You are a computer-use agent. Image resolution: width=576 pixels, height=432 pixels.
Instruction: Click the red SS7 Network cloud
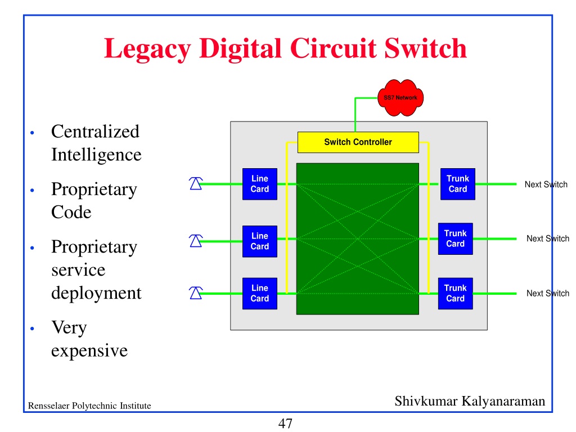[x=400, y=98]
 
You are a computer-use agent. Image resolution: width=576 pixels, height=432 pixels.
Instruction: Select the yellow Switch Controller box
[x=358, y=142]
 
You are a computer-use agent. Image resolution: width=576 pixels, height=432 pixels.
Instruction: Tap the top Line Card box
[x=260, y=184]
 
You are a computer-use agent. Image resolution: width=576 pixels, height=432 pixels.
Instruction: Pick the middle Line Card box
[x=260, y=241]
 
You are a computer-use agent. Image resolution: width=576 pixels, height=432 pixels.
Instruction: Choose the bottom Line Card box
[x=260, y=294]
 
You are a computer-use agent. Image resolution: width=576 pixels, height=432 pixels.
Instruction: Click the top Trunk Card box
[x=458, y=184]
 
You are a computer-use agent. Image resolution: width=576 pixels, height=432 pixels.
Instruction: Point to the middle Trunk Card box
[x=456, y=238]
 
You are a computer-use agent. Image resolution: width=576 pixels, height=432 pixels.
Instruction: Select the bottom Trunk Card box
[x=456, y=294]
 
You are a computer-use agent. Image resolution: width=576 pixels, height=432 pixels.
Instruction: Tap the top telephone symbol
[x=196, y=183]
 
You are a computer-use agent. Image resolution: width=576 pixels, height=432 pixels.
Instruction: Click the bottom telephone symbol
[x=196, y=292]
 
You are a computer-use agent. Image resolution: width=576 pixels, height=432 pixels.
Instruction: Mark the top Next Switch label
[x=546, y=184]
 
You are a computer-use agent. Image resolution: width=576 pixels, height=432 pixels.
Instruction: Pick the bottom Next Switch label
[x=548, y=293]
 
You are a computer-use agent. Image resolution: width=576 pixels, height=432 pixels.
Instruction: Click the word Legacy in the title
[x=148, y=49]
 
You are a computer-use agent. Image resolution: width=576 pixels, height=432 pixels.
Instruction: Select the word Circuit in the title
[x=334, y=48]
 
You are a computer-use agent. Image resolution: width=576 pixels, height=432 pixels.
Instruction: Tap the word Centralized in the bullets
[x=95, y=132]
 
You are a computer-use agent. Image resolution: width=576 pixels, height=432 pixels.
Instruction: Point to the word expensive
[x=89, y=351]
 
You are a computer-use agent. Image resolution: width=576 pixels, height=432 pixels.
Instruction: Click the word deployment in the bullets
[x=96, y=293]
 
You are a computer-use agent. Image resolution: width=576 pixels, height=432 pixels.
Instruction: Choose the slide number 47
[x=285, y=424]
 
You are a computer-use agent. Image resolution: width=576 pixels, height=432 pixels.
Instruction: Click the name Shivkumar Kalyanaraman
[x=470, y=401]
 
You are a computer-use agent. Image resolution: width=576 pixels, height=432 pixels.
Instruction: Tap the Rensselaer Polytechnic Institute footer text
[x=89, y=406]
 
